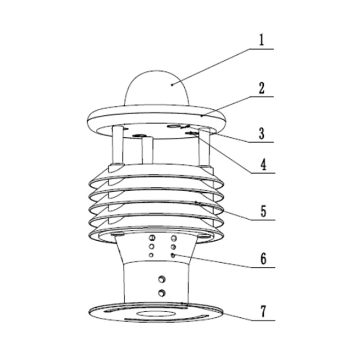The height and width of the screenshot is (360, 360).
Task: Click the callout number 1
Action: coord(261,40)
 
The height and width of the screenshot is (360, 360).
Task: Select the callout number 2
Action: coord(261,88)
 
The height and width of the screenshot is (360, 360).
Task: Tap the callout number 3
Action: coord(262,133)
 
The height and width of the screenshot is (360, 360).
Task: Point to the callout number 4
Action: coord(263,164)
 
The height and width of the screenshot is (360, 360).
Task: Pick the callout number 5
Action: coord(263,211)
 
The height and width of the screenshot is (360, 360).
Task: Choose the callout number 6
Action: coord(263,258)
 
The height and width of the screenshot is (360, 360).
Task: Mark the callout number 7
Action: coord(263,311)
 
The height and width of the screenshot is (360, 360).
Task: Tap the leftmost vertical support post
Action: coord(117,145)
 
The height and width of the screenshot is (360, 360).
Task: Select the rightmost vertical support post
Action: coord(204,148)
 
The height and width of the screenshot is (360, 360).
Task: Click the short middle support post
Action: coord(148,151)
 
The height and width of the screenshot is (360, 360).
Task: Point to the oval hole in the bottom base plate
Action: coord(156,314)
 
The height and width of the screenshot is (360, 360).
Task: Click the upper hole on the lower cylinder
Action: coord(162,279)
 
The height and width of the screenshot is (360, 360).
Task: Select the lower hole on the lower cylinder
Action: coord(162,293)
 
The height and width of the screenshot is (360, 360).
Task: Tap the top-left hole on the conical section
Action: coord(153,238)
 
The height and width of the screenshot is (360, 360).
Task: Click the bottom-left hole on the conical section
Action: coord(151,255)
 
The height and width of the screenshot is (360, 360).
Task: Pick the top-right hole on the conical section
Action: coord(174,238)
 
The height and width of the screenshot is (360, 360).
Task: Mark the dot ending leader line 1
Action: coord(172,85)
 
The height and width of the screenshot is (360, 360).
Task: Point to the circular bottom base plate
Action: coord(156,312)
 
